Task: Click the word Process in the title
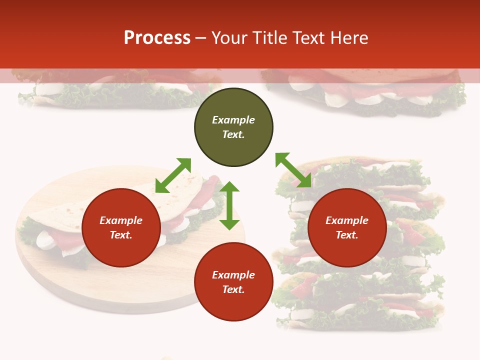point(157,38)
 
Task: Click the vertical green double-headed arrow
point(229,205)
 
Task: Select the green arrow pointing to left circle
point(173,175)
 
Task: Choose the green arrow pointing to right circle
point(293,170)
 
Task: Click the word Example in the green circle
point(233,120)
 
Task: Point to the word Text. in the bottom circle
point(233,289)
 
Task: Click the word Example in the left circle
point(121,220)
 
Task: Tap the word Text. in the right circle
point(347,235)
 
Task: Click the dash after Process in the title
point(200,38)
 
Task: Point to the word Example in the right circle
point(347,220)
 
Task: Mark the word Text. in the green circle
point(233,134)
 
